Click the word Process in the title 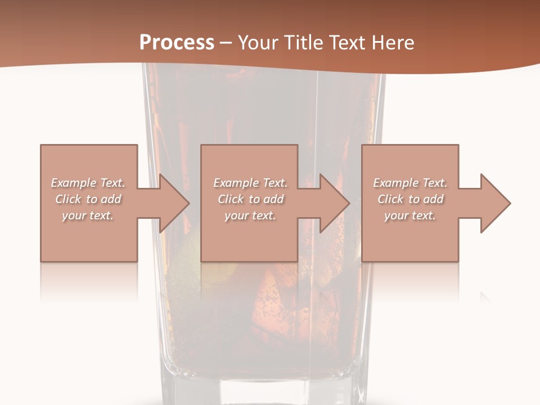click(x=177, y=43)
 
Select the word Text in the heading click(x=346, y=43)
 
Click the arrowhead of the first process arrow click(x=174, y=203)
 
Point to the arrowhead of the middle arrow click(x=335, y=203)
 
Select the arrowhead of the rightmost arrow click(x=495, y=203)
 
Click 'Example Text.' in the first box click(x=88, y=183)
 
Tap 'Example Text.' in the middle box click(x=250, y=183)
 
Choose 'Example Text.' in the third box click(x=410, y=183)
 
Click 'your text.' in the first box click(x=88, y=215)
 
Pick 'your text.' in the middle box click(x=250, y=215)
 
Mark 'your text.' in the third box click(x=410, y=215)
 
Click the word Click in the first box click(x=68, y=199)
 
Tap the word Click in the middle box click(x=231, y=199)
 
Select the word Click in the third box click(x=390, y=199)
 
